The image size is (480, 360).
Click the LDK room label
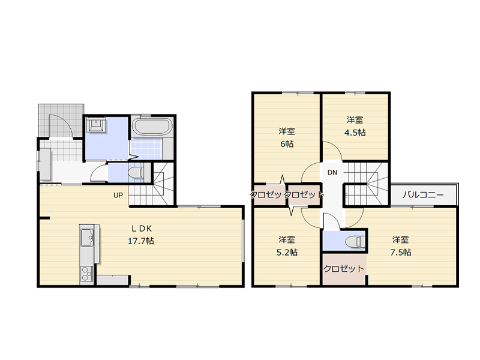142,229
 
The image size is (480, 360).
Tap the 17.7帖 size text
141,241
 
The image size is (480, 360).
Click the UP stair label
118,195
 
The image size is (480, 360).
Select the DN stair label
332,172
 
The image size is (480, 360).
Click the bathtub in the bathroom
152,127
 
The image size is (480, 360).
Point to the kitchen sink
87,237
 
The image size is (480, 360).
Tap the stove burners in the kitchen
86,274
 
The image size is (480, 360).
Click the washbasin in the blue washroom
96,125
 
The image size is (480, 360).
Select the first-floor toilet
136,173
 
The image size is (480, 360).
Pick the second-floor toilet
355,242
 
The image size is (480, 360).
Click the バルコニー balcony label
423,194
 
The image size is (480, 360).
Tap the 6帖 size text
287,143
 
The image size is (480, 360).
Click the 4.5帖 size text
355,133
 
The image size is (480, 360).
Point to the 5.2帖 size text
287,252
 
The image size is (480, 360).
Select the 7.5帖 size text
400,252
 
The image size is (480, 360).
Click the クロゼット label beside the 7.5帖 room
344,269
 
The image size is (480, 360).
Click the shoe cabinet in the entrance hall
45,164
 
